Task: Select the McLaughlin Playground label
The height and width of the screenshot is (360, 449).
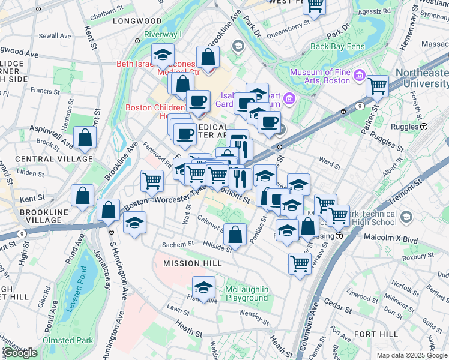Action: pos(246,294)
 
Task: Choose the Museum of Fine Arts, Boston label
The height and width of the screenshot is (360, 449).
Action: pos(319,76)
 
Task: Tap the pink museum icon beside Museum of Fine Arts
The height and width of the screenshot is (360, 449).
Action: pos(359,75)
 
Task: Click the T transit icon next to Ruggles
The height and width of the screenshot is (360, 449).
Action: pos(424,127)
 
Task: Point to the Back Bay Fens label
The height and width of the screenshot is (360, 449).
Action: pos(336,46)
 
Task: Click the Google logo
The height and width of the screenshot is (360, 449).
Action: pos(20,353)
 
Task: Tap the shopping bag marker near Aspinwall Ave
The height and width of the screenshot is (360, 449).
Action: pos(85,137)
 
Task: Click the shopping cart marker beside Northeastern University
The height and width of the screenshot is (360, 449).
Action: pos(377,86)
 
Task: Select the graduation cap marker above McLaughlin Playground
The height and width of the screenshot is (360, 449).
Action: pos(204,287)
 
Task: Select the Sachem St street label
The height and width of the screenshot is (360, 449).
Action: pos(178,245)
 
